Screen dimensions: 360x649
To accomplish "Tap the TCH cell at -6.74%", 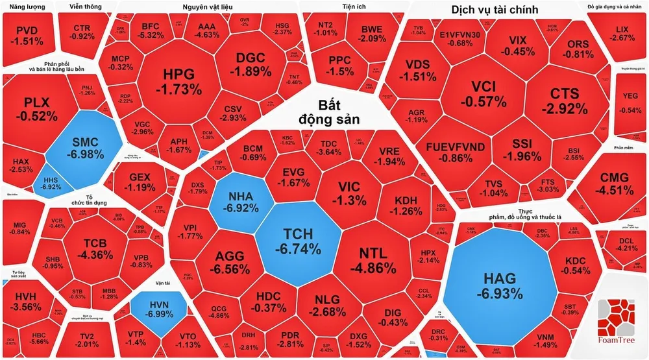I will click(x=298, y=241).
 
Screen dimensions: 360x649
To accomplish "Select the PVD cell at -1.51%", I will click(x=27, y=36).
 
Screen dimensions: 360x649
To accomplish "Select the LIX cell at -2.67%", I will click(x=622, y=33).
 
